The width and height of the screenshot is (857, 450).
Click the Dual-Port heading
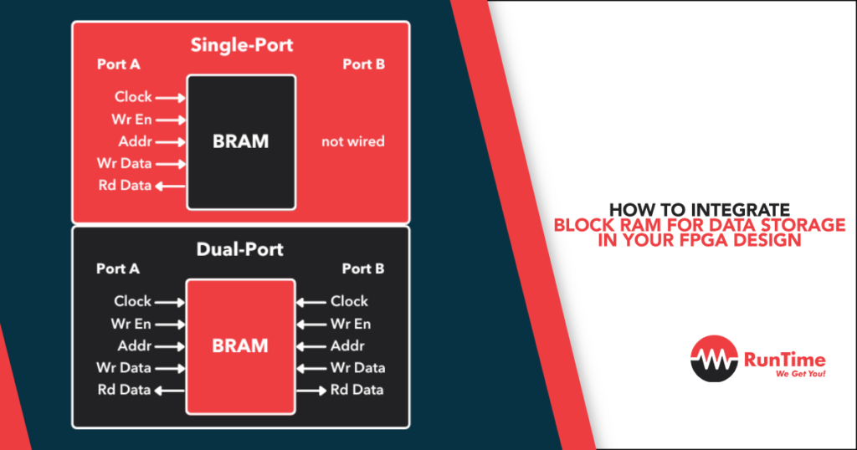tap(240, 248)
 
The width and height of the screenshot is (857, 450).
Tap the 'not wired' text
tap(352, 141)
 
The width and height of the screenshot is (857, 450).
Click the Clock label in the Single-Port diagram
tap(133, 97)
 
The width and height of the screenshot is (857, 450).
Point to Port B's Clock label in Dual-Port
tap(349, 301)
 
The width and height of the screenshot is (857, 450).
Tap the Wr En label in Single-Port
tap(131, 119)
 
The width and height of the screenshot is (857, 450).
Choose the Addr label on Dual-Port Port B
tap(347, 345)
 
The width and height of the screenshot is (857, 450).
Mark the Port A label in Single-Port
tap(117, 64)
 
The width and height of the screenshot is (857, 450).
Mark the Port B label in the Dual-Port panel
tap(363, 268)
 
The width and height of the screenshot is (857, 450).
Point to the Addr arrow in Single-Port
tap(170, 141)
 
